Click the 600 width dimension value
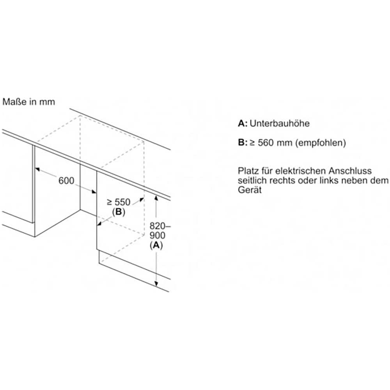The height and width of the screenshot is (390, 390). click(x=66, y=181)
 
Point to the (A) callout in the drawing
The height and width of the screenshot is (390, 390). click(x=156, y=245)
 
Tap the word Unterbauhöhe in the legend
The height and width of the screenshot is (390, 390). click(x=280, y=124)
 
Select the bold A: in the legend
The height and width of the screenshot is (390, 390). click(x=243, y=124)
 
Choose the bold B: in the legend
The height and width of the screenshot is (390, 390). click(x=243, y=143)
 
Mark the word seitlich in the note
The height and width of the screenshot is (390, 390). click(x=251, y=181)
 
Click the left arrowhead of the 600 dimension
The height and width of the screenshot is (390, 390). click(x=37, y=169)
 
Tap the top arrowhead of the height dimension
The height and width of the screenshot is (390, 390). click(x=156, y=199)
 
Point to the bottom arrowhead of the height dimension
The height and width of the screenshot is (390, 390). click(x=156, y=284)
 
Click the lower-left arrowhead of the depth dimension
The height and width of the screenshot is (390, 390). click(x=99, y=223)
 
